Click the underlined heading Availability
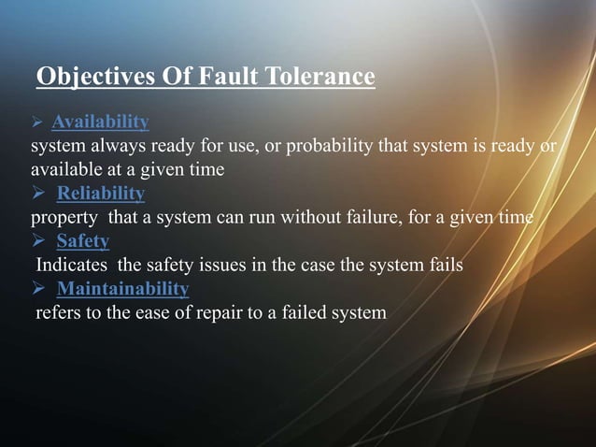[100, 123]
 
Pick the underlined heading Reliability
[101, 194]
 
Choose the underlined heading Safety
[82, 241]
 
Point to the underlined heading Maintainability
[122, 288]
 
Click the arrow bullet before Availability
[38, 123]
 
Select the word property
[63, 218]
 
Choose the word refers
[57, 312]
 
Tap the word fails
[442, 266]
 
